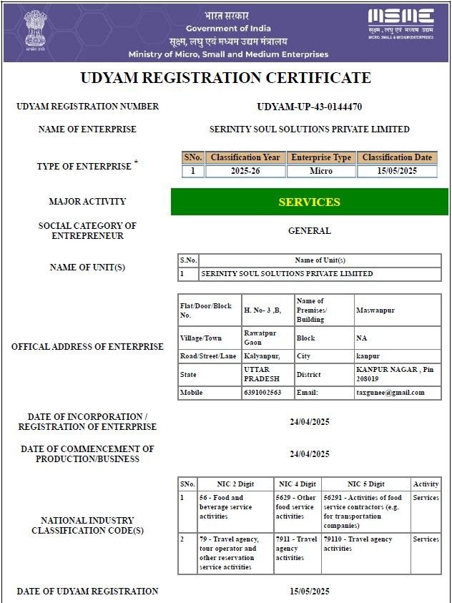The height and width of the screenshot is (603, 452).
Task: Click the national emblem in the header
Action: coord(33,29)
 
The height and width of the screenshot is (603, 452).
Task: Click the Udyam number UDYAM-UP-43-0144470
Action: coord(309,107)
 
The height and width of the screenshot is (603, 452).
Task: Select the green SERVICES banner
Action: coord(309,202)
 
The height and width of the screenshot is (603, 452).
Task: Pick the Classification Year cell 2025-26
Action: coord(245,172)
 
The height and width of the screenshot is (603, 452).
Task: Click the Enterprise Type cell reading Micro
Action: coord(321,172)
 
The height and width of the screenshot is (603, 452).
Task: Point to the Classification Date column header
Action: coord(397,157)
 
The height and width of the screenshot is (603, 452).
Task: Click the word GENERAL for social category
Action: coord(309,231)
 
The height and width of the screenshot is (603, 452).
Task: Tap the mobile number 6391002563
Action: coord(263,393)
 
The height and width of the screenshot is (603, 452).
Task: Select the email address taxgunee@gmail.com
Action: coord(390,393)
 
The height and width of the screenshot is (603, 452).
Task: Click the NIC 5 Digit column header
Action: coord(366,484)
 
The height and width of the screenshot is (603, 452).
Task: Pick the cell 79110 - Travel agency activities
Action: coord(358,544)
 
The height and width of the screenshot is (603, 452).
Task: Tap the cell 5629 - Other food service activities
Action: coord(296,506)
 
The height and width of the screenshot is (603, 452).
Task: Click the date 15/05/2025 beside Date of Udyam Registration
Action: coord(309,592)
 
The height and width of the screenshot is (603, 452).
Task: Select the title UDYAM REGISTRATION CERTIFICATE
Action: coord(225,78)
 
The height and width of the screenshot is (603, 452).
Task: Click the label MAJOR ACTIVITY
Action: coord(87,202)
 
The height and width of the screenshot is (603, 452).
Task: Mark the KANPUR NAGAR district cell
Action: coord(395,374)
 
